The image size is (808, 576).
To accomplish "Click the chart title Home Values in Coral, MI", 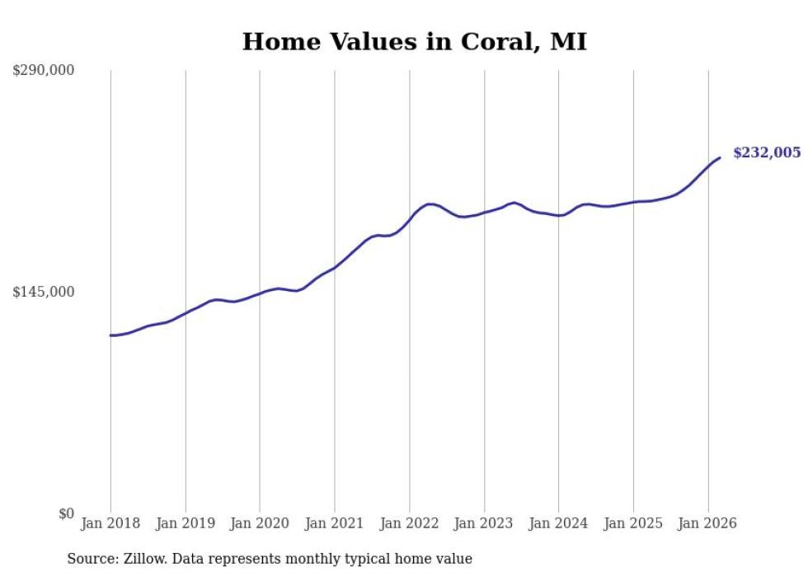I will click(414, 41).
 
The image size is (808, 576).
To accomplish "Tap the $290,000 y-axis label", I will click(44, 71).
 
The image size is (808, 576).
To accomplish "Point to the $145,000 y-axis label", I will click(44, 292).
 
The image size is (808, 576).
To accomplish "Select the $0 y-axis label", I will click(66, 513).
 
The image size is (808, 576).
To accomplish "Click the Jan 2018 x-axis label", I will click(110, 523).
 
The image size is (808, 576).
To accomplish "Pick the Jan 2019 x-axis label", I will click(186, 523).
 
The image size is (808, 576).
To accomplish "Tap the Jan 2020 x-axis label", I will click(260, 523).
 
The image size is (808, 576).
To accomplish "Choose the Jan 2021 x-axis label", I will click(335, 523).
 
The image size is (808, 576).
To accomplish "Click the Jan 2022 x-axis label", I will click(410, 523).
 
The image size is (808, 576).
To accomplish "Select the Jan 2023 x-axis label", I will click(484, 523).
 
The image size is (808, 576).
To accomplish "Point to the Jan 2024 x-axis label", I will click(559, 523).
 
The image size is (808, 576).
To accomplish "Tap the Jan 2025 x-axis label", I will click(633, 523).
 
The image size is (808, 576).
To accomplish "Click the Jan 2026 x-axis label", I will click(708, 523).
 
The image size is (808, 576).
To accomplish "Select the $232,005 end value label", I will click(767, 152).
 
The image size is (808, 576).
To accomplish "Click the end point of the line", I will click(720, 157).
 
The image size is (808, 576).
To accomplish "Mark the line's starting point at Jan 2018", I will click(110, 335).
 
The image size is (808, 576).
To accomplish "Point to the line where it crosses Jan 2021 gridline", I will click(335, 267).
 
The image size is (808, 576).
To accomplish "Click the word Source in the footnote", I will click(90, 559).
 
